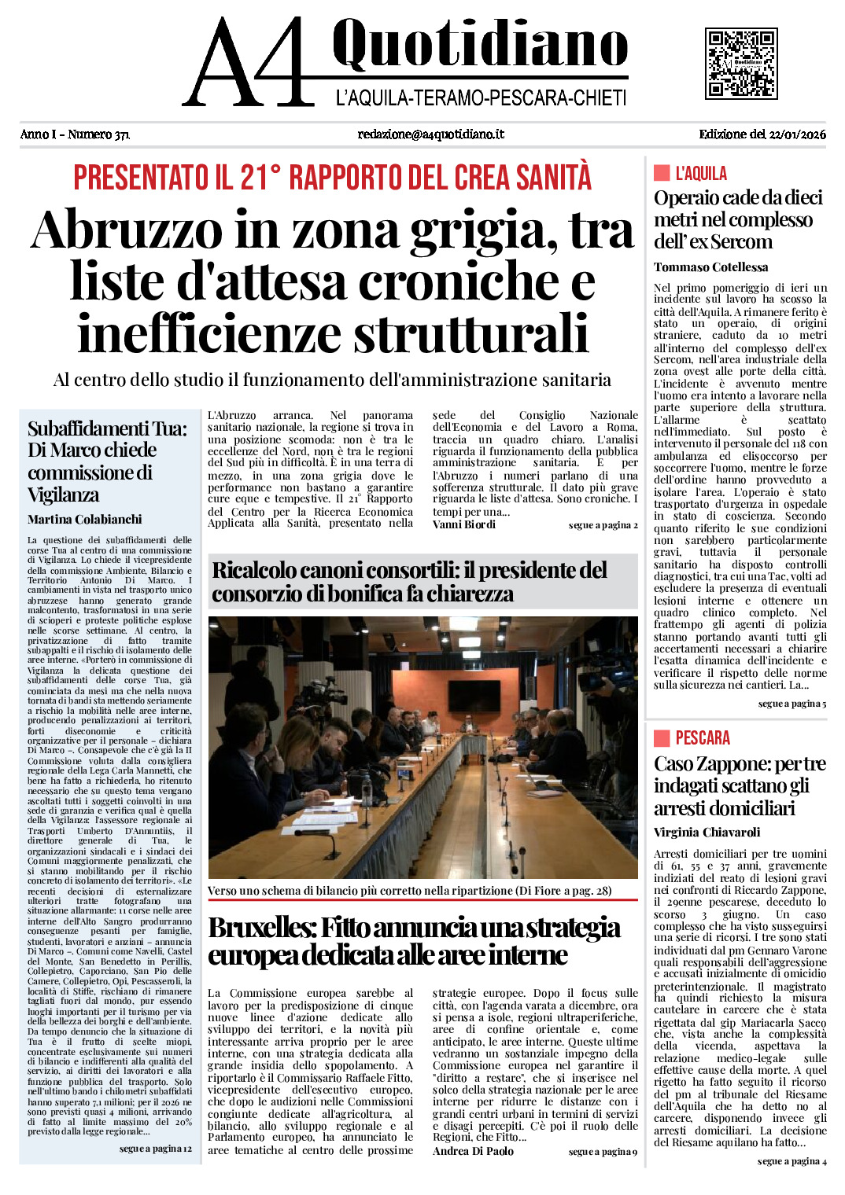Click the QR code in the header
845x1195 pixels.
click(x=741, y=63)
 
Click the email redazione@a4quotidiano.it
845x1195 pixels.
click(x=430, y=134)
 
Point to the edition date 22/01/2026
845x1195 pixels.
click(x=795, y=134)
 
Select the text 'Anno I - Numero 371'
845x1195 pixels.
click(x=75, y=134)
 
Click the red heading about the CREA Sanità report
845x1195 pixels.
click(x=332, y=178)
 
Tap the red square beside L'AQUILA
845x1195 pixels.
click(x=662, y=173)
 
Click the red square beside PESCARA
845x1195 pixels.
click(x=662, y=737)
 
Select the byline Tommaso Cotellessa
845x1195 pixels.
click(x=710, y=267)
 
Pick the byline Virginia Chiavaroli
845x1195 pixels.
click(x=707, y=833)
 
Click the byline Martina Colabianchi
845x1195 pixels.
click(x=85, y=520)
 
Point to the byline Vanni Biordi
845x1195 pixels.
click(x=464, y=524)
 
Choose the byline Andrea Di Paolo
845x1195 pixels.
click(x=473, y=1152)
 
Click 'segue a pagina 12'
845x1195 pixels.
click(x=155, y=1149)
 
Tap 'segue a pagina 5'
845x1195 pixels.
click(x=791, y=704)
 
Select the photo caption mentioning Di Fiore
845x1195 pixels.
click(x=410, y=891)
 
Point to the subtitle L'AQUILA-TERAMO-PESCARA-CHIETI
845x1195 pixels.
click(x=481, y=98)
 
